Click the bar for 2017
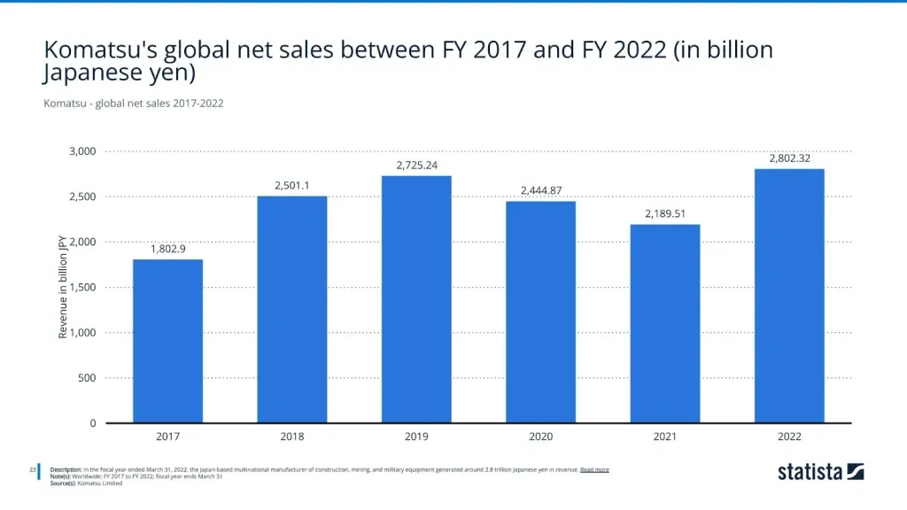pyautogui.click(x=167, y=341)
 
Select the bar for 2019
pyautogui.click(x=416, y=299)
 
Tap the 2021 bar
pyautogui.click(x=665, y=323)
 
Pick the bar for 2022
pyautogui.click(x=789, y=296)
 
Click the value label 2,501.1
pyautogui.click(x=291, y=185)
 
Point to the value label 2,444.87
pyautogui.click(x=540, y=190)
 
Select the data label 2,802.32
pyautogui.click(x=789, y=158)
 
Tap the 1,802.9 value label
pyautogui.click(x=167, y=249)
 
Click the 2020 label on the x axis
pyautogui.click(x=540, y=437)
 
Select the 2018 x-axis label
pyautogui.click(x=291, y=437)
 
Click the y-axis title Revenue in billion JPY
pyautogui.click(x=63, y=287)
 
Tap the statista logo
pyautogui.click(x=820, y=472)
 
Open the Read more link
pyautogui.click(x=594, y=469)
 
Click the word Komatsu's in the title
pyautogui.click(x=98, y=50)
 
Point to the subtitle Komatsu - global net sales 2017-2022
pyautogui.click(x=133, y=104)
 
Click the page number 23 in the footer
pyautogui.click(x=32, y=469)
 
